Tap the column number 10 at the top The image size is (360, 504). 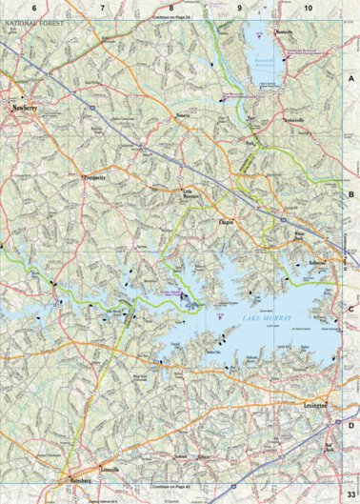[308, 8]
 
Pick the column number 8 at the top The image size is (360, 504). [171, 8]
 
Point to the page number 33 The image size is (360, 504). [351, 488]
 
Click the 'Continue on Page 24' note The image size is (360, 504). [176, 17]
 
